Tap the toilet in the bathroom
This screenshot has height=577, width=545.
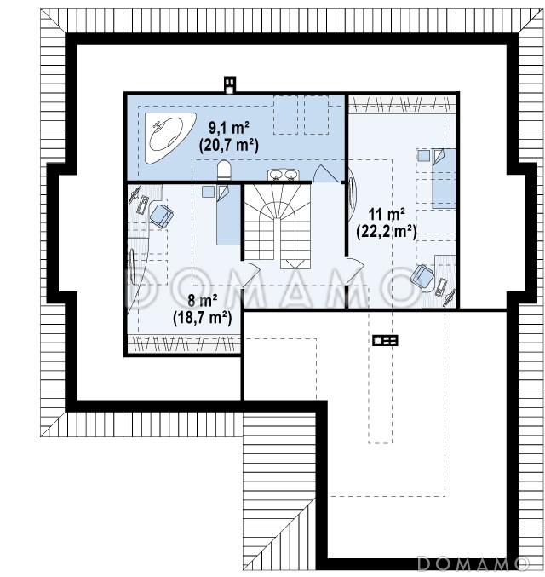point(224,170)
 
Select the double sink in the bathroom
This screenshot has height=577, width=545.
point(283,175)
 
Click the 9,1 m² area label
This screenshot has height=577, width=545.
point(229,128)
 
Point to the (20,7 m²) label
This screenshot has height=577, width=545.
point(229,146)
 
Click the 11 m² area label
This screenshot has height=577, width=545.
point(387,213)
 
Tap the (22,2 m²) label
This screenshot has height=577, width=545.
point(387,232)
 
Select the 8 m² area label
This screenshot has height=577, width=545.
point(203,300)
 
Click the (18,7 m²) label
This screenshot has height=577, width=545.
point(203,318)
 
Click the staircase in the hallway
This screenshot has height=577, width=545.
point(278,227)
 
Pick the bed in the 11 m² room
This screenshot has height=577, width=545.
point(444,178)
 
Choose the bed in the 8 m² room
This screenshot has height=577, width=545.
point(228,215)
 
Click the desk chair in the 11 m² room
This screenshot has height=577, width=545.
point(422,275)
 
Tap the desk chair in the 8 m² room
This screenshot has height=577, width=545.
point(161,216)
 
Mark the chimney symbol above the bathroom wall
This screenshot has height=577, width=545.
point(230,85)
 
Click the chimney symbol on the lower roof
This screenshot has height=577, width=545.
point(385,340)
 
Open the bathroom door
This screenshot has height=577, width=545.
point(325,174)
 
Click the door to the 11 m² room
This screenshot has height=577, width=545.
point(355,272)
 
